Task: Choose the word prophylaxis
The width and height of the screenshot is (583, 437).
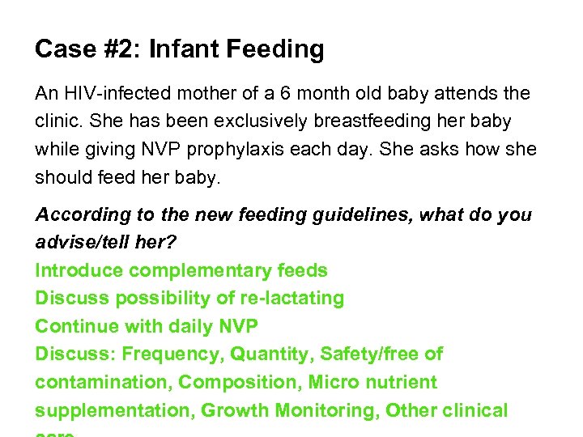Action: tap(282, 150)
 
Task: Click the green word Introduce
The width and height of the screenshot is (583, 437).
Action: tap(79, 270)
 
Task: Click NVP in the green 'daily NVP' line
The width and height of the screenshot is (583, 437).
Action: tap(238, 326)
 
